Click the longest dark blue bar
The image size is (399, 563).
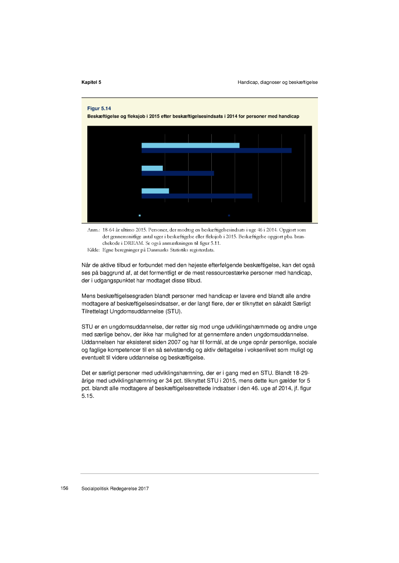216,151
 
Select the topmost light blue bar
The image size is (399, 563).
190,145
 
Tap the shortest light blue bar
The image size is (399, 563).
152,168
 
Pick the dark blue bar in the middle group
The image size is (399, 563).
177,173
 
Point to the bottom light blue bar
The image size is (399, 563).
155,191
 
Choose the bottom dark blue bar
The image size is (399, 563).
196,196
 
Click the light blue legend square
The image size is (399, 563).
139,215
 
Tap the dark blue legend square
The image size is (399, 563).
229,215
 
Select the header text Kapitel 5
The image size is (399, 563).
91,82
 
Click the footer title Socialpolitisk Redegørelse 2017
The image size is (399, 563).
115,488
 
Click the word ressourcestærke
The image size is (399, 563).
213,274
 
